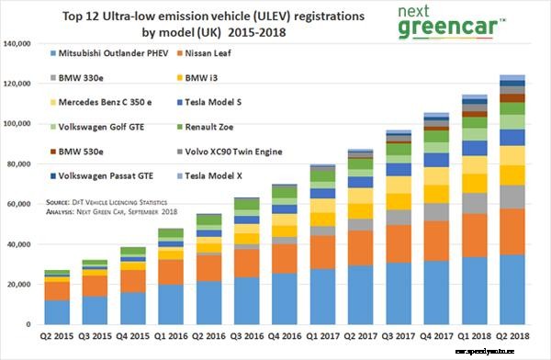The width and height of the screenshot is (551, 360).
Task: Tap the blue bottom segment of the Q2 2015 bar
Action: [57, 312]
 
